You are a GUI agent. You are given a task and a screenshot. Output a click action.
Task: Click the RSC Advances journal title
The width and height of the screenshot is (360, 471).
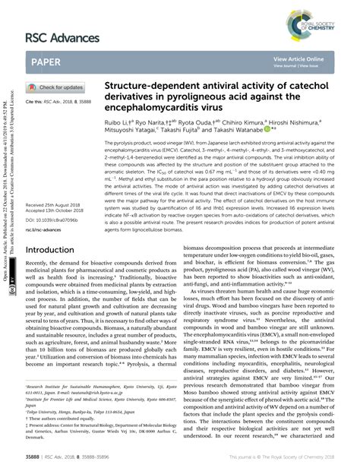(63, 37)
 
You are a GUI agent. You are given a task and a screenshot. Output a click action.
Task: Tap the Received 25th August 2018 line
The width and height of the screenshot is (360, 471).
(54, 206)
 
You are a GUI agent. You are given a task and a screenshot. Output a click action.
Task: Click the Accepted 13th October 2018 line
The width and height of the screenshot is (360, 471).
(55, 211)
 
